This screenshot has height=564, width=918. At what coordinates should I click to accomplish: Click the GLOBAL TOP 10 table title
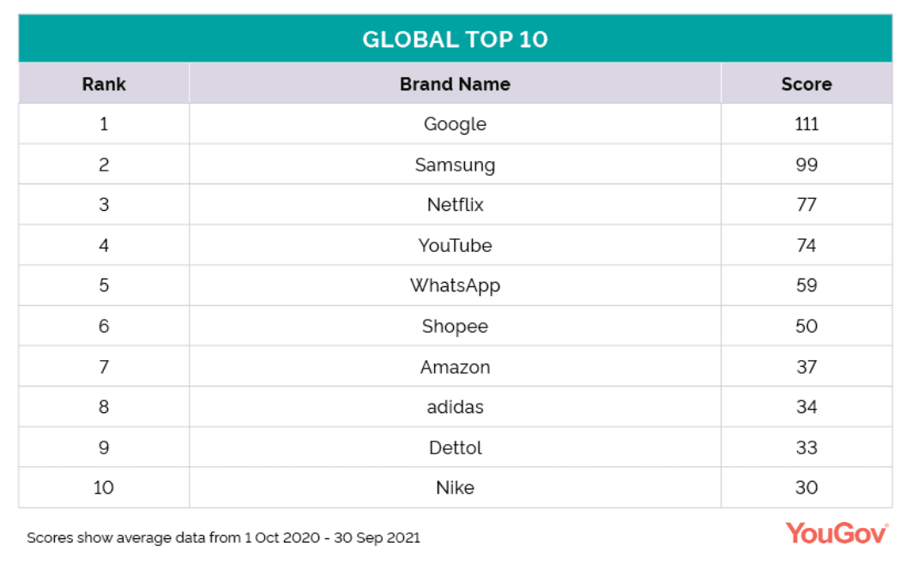(455, 39)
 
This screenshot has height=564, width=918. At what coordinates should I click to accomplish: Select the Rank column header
(104, 84)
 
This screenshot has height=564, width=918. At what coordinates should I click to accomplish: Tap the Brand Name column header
(455, 84)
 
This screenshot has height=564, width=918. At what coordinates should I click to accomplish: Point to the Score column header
(806, 84)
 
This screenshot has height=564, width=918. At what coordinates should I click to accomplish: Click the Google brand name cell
(455, 124)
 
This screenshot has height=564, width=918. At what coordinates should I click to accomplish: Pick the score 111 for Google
(806, 124)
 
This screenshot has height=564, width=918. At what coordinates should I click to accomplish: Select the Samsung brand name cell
(455, 165)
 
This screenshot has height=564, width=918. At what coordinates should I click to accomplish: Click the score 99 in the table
(806, 165)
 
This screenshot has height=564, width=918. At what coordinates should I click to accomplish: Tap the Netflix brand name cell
(455, 205)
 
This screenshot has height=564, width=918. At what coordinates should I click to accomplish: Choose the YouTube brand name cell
(455, 245)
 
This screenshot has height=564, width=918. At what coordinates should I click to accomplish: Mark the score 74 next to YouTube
(806, 245)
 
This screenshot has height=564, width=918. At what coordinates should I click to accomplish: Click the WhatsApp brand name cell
(455, 285)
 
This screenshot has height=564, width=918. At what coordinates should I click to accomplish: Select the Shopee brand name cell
(455, 326)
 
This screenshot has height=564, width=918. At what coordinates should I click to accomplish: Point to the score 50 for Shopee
(806, 326)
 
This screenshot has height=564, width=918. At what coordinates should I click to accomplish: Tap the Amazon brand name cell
(455, 367)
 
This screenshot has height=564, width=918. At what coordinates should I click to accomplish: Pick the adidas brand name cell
(455, 407)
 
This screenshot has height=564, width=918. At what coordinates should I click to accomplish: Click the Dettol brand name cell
(455, 447)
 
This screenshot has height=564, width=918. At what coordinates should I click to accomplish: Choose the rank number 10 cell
(104, 488)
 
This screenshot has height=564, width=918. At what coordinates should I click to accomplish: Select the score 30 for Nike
(806, 488)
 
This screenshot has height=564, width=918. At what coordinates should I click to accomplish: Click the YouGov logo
(836, 533)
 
